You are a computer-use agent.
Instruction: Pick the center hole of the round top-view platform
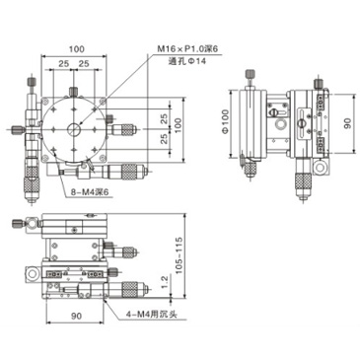[x=75, y=128]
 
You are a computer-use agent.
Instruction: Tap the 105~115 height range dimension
[x=179, y=252]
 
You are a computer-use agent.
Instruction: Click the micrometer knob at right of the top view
[x=126, y=127]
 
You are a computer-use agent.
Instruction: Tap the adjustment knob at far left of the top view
[x=19, y=127]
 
